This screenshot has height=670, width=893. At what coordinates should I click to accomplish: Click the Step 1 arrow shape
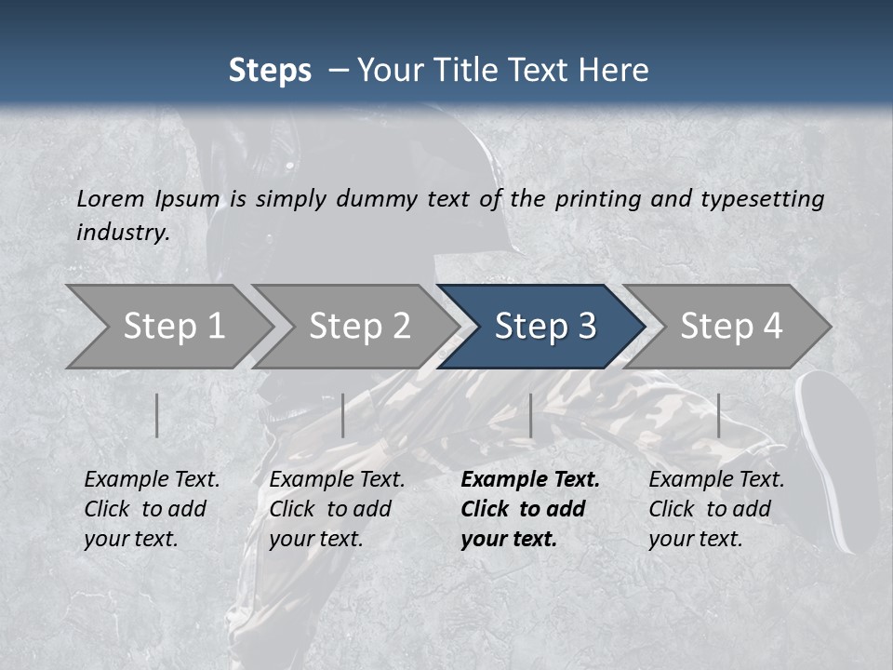pos(172,327)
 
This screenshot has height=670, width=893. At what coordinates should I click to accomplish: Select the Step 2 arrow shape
pos(358,327)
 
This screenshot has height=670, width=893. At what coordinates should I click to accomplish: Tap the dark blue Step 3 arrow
pos(544,327)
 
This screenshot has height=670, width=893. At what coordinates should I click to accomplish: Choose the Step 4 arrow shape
pos(730,327)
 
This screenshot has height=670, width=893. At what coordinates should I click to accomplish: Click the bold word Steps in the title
pos(270,71)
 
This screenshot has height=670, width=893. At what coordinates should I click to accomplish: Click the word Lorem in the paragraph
pos(111,198)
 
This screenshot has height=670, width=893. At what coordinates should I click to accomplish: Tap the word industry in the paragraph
pos(122,232)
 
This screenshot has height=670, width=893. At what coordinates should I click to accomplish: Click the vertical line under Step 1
pos(157,415)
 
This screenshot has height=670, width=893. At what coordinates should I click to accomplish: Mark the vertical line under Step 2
pos(343,415)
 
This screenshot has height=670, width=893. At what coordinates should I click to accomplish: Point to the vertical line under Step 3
pos(530,415)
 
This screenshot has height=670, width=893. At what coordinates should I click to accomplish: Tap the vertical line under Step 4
pos(718,415)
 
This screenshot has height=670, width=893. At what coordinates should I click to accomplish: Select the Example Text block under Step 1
pos(152,509)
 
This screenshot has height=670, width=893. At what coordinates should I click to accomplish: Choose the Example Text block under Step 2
pos(337,509)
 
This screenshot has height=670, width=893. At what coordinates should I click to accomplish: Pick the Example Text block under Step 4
pos(716,509)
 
